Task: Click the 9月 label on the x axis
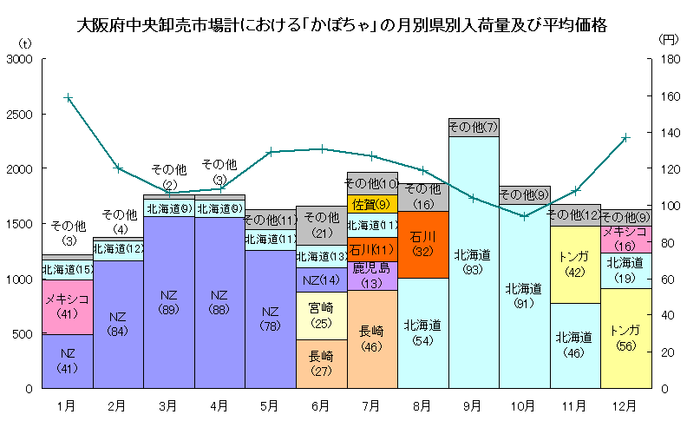(473, 405)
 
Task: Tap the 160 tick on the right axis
(664, 95)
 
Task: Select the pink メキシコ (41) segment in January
(68, 306)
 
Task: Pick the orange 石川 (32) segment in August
(422, 244)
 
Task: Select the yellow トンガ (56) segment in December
(625, 338)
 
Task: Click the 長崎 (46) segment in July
(371, 339)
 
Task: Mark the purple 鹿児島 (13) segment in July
(371, 275)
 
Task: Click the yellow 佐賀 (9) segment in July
(371, 204)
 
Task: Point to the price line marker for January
(68, 98)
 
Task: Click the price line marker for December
(625, 138)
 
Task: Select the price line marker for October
(524, 216)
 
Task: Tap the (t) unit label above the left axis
(26, 41)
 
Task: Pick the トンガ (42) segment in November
(574, 265)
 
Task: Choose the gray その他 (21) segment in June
(321, 225)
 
